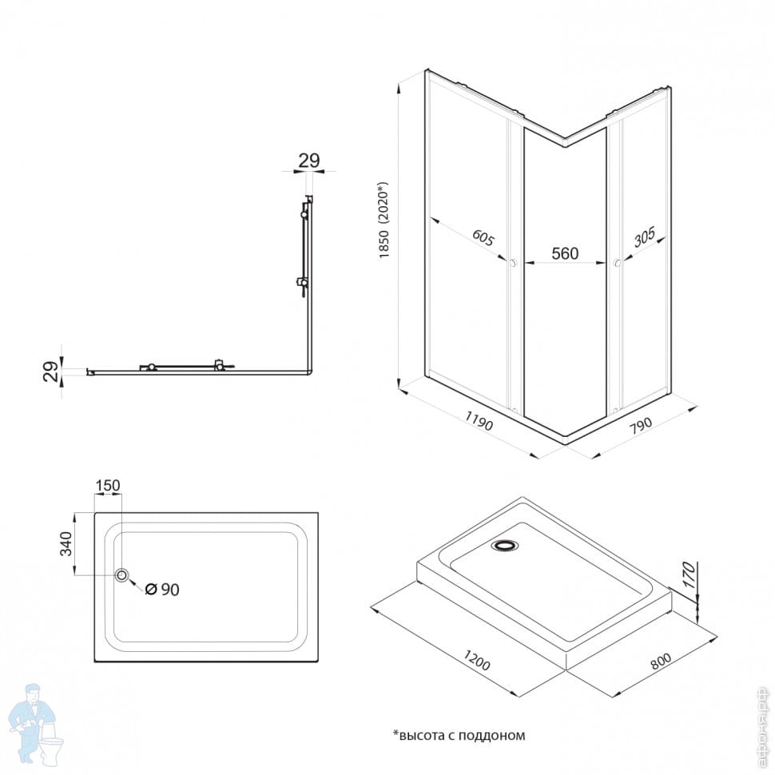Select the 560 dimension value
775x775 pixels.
[565, 254]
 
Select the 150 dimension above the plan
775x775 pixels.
[108, 485]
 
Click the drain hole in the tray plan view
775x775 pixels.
[122, 575]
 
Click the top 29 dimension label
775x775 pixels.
[309, 160]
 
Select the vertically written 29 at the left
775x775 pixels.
[50, 372]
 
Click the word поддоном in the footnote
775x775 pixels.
[494, 735]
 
